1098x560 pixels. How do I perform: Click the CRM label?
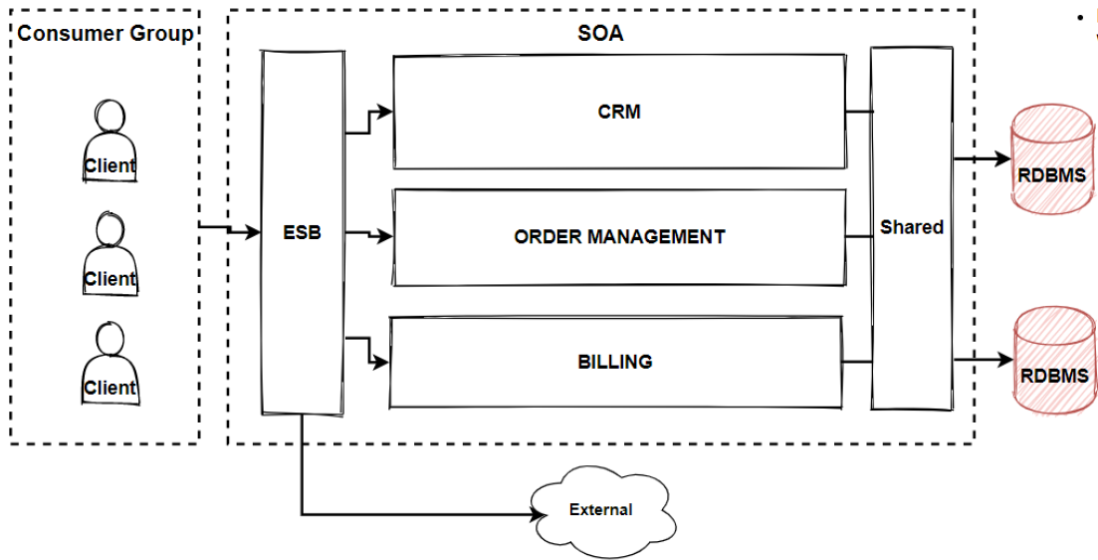click(x=618, y=112)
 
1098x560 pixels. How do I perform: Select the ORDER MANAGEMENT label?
click(x=618, y=237)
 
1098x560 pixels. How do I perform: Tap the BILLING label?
click(x=614, y=362)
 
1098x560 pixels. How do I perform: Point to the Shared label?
click(x=911, y=227)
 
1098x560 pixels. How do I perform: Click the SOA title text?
click(x=600, y=33)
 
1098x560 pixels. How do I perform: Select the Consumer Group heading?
click(x=105, y=34)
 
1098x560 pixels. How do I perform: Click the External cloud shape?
click(x=600, y=509)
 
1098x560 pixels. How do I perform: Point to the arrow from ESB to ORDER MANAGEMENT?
click(x=370, y=236)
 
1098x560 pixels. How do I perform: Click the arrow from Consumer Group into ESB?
click(x=229, y=229)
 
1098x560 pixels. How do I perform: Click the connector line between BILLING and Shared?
click(x=856, y=362)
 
